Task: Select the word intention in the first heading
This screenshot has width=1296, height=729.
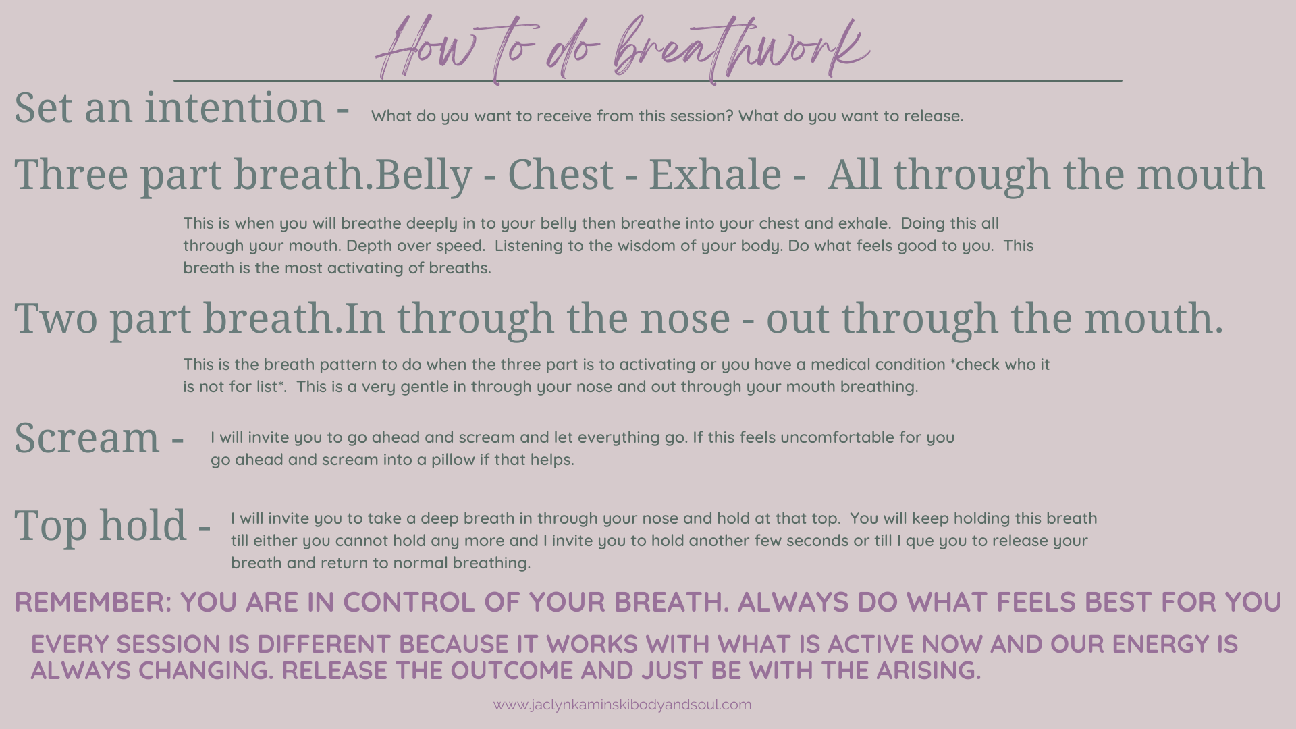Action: click(x=235, y=107)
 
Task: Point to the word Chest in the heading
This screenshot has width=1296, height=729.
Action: click(x=560, y=175)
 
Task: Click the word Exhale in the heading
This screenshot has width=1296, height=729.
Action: click(x=715, y=174)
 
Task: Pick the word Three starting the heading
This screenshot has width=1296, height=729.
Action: click(x=71, y=174)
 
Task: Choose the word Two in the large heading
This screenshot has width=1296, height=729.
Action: click(x=56, y=318)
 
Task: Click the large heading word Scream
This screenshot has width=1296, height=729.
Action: click(x=87, y=437)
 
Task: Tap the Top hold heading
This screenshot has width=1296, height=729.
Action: click(x=101, y=525)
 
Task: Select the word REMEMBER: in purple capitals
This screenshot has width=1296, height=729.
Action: click(x=93, y=602)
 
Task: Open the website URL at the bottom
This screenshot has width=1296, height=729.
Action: click(x=622, y=705)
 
